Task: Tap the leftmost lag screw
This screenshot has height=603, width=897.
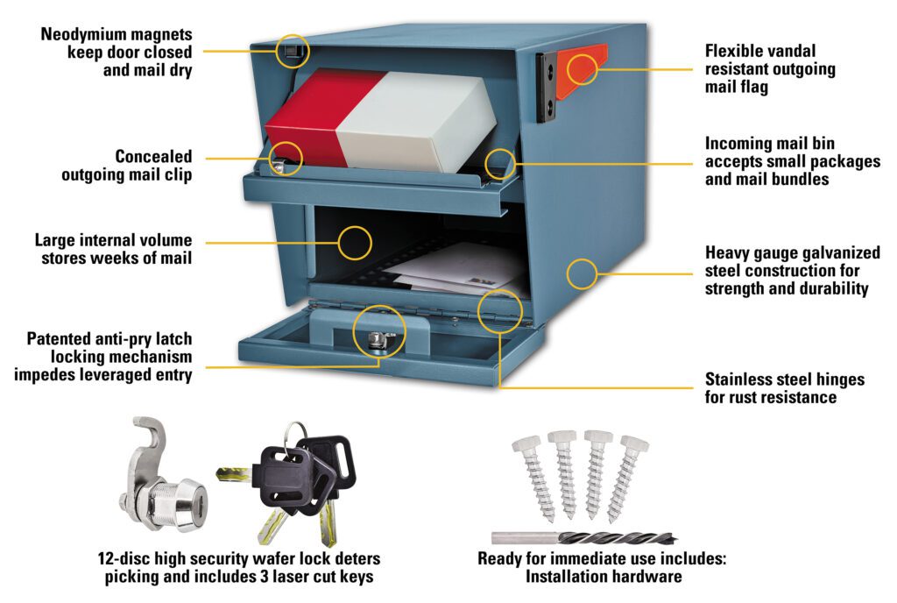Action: click(529, 477)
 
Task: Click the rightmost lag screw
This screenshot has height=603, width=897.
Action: click(630, 477)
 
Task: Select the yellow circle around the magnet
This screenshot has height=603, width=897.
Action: click(293, 50)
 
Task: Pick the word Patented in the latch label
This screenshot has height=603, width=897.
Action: click(60, 338)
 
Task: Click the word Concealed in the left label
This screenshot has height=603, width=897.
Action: click(153, 157)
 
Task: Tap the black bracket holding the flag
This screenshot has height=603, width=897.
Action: click(548, 88)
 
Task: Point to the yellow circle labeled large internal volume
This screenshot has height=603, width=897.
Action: click(355, 242)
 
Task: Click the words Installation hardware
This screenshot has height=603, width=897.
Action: click(604, 577)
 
